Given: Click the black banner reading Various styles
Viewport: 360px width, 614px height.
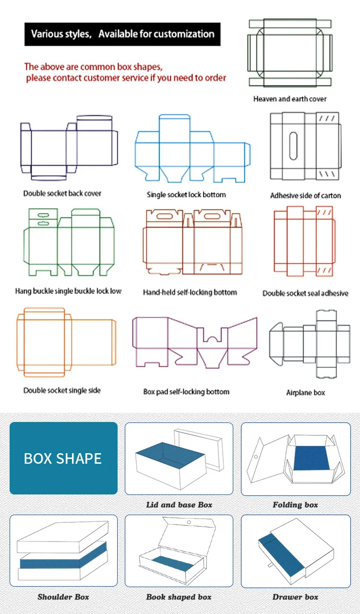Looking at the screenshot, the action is pyautogui.click(x=122, y=34).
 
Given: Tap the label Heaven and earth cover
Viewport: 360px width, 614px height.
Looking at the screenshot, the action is pyautogui.click(x=290, y=99).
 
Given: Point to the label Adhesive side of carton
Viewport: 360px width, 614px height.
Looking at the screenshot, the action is pyautogui.click(x=305, y=195).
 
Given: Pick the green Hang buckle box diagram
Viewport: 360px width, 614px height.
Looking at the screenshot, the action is pyautogui.click(x=69, y=242).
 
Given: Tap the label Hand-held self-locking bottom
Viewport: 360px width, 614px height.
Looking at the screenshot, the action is pyautogui.click(x=190, y=292).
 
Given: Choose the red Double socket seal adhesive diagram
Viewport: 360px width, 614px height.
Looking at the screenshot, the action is pyautogui.click(x=303, y=242).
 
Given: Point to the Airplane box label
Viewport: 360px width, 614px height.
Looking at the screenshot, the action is pyautogui.click(x=305, y=393).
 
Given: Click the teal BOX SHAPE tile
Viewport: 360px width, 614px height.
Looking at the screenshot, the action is pyautogui.click(x=63, y=458).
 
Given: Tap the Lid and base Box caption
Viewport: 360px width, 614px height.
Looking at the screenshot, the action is pyautogui.click(x=179, y=505).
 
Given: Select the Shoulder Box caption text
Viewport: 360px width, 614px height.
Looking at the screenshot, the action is pyautogui.click(x=63, y=597).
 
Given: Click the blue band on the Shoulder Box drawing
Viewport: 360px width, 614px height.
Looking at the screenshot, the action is pyautogui.click(x=63, y=559).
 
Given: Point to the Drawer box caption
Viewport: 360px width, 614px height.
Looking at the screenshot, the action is pyautogui.click(x=295, y=597).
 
